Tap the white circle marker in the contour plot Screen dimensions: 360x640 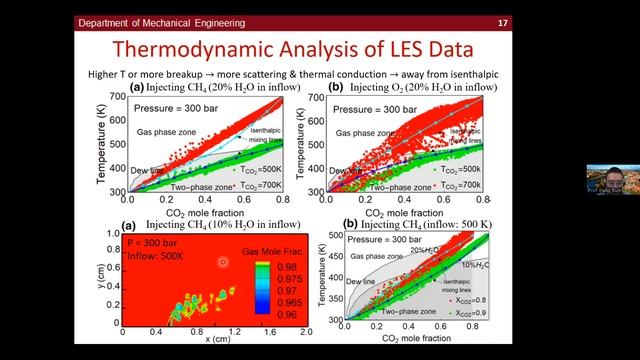223,262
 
